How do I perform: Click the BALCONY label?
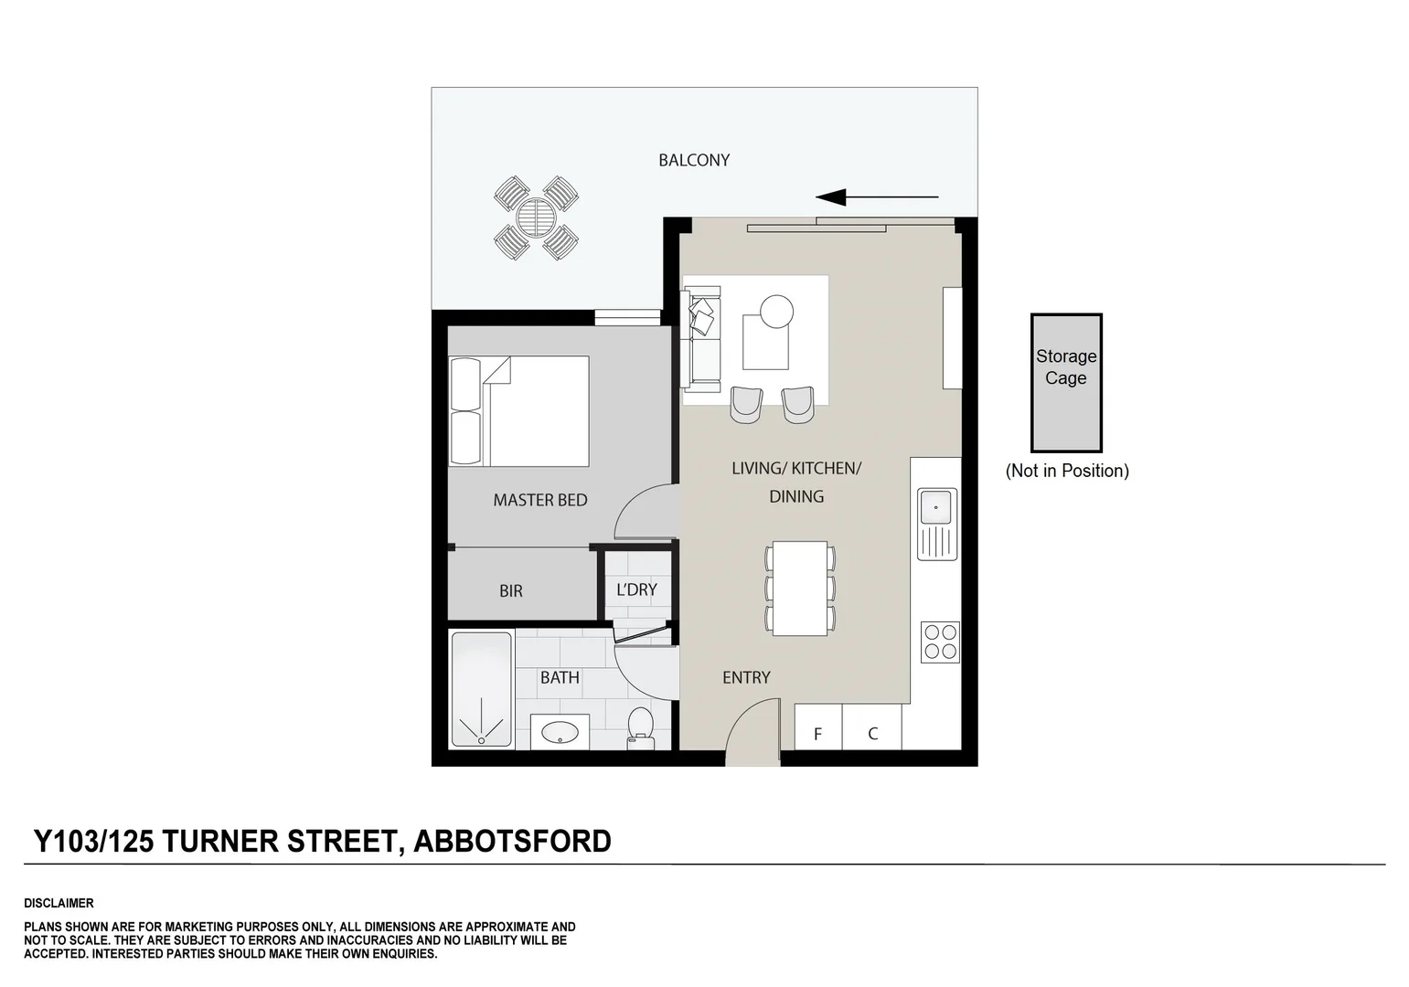coord(694,160)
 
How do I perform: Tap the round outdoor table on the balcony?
coord(535,218)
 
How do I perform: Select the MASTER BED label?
coord(539,500)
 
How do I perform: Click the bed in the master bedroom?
coord(519,411)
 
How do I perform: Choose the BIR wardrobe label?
coord(511,591)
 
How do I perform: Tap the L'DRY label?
coord(636,590)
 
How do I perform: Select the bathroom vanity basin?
coord(560,732)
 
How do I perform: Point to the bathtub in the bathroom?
coord(482,689)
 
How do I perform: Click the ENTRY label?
coord(746,677)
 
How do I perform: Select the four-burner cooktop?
coord(940,641)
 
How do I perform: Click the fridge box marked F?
coord(818,733)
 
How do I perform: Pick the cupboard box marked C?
coord(872,733)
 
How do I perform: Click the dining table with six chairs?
coord(800,588)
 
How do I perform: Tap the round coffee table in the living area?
coord(777,311)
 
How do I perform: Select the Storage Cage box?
coord(1066,383)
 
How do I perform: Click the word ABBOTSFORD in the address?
coord(513,841)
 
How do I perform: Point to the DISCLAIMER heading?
coord(59,903)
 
